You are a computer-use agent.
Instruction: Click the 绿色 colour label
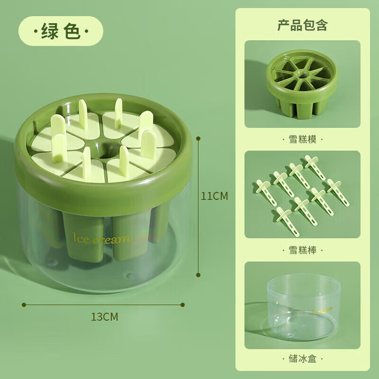point(61,31)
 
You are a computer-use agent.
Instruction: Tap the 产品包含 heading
point(303,25)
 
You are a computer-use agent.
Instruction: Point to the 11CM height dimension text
point(214,196)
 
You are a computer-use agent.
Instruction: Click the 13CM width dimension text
point(104,317)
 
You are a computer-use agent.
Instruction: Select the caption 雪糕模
point(303,140)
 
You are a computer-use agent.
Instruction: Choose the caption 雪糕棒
point(303,250)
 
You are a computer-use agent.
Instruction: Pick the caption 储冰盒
point(303,358)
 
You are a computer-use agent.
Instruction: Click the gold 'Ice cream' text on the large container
point(101,238)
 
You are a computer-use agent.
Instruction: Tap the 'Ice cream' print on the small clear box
point(322,310)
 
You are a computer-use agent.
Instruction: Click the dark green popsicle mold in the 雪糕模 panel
point(302,83)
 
